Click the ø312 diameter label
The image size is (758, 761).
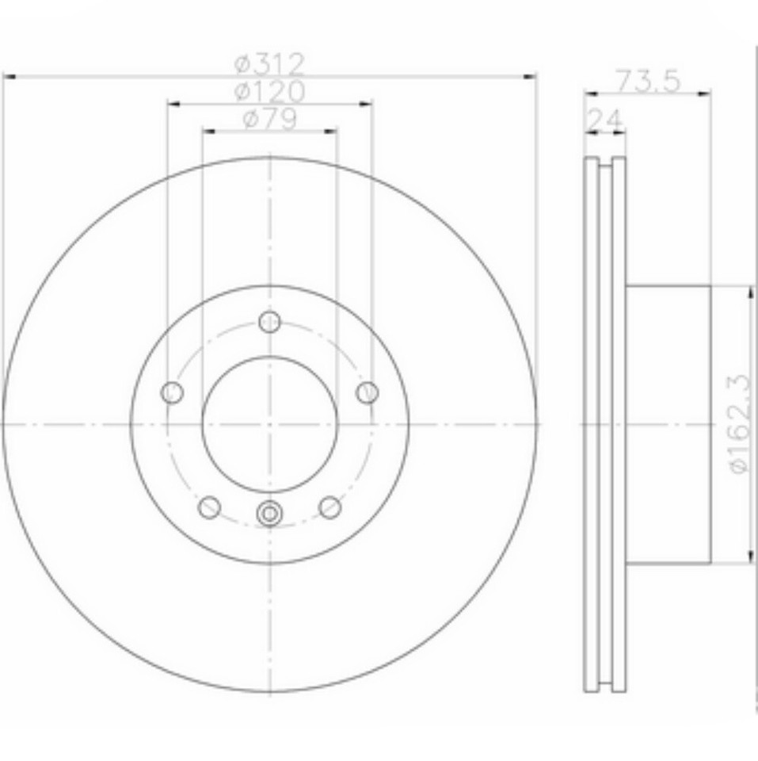[x=270, y=63]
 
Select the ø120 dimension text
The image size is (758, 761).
[x=270, y=91]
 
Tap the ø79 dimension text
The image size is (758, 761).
[x=270, y=118]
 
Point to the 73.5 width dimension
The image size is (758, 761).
[x=648, y=80]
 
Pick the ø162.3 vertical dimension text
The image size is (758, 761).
[x=739, y=424]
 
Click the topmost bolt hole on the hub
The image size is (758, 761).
[x=270, y=322]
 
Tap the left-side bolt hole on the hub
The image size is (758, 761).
[x=172, y=392]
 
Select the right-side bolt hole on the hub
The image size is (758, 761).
[x=368, y=392]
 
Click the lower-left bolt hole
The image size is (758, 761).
[x=209, y=507]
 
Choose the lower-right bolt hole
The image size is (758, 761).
[x=330, y=507]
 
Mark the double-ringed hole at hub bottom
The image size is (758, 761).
[x=270, y=514]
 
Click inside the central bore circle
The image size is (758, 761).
[x=270, y=423]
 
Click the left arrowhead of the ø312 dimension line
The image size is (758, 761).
[x=10, y=76]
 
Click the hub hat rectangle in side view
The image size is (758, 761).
[x=668, y=424]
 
